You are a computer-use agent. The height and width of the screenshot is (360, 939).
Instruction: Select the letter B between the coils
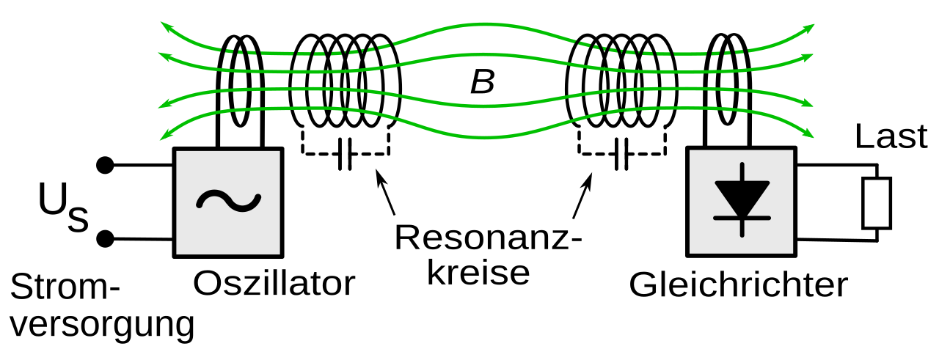pyautogui.click(x=482, y=83)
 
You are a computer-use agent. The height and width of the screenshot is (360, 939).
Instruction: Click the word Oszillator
pyautogui.click(x=274, y=284)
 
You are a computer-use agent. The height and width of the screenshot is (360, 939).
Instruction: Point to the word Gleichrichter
pyautogui.click(x=738, y=284)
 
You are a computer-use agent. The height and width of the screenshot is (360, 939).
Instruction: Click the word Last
pyautogui.click(x=891, y=137)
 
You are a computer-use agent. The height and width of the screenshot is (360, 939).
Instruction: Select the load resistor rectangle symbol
pyautogui.click(x=877, y=203)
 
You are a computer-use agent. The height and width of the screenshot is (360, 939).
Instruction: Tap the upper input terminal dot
pyautogui.click(x=106, y=165)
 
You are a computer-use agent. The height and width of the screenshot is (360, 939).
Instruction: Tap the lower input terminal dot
pyautogui.click(x=106, y=238)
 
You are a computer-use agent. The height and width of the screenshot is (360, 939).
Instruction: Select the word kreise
pyautogui.click(x=478, y=273)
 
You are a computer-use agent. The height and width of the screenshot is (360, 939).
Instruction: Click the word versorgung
pyautogui.click(x=102, y=324)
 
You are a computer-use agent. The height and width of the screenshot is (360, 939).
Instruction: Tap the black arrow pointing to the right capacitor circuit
pyautogui.click(x=582, y=196)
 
